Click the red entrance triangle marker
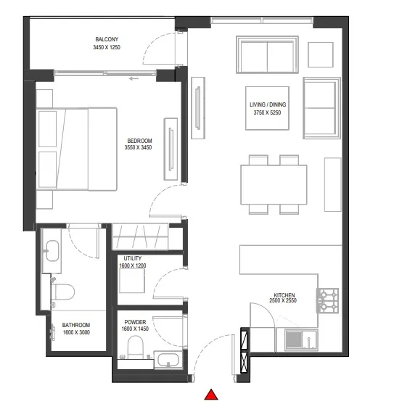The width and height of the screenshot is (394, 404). pos(211,395)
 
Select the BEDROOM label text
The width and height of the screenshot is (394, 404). pos(139,140)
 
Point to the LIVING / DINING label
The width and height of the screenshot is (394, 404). pos(268,105)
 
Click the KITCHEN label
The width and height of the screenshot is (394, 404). pos(284,295)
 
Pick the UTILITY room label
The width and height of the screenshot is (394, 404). pos(133,258)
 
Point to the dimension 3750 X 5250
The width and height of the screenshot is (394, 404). pos(268,113)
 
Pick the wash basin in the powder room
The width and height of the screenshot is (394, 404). pos(166,359)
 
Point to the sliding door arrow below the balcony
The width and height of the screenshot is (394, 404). pos(133,78)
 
